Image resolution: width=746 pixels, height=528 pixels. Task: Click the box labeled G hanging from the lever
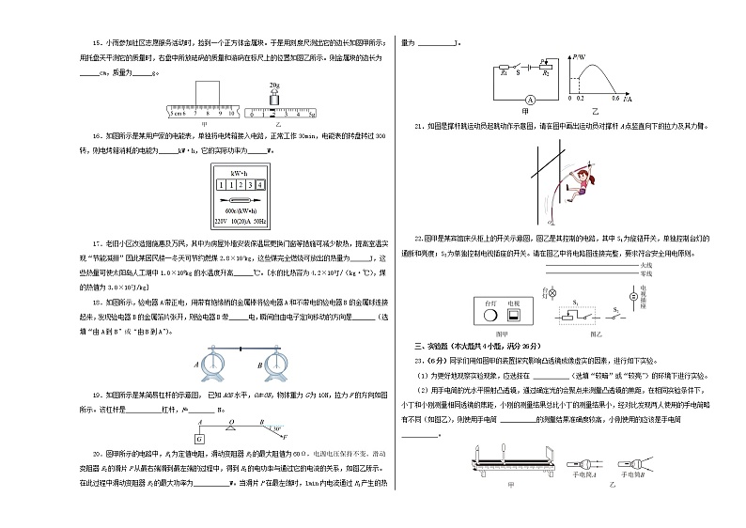pyautogui.click(x=200, y=438)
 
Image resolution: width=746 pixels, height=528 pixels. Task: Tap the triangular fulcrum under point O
pyautogui.click(x=232, y=427)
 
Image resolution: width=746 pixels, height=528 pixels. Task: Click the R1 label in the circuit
pyautogui.click(x=503, y=72)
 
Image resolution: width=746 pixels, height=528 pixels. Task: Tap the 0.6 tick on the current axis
pyautogui.click(x=616, y=98)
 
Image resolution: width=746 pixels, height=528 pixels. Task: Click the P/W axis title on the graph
pyautogui.click(x=579, y=58)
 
